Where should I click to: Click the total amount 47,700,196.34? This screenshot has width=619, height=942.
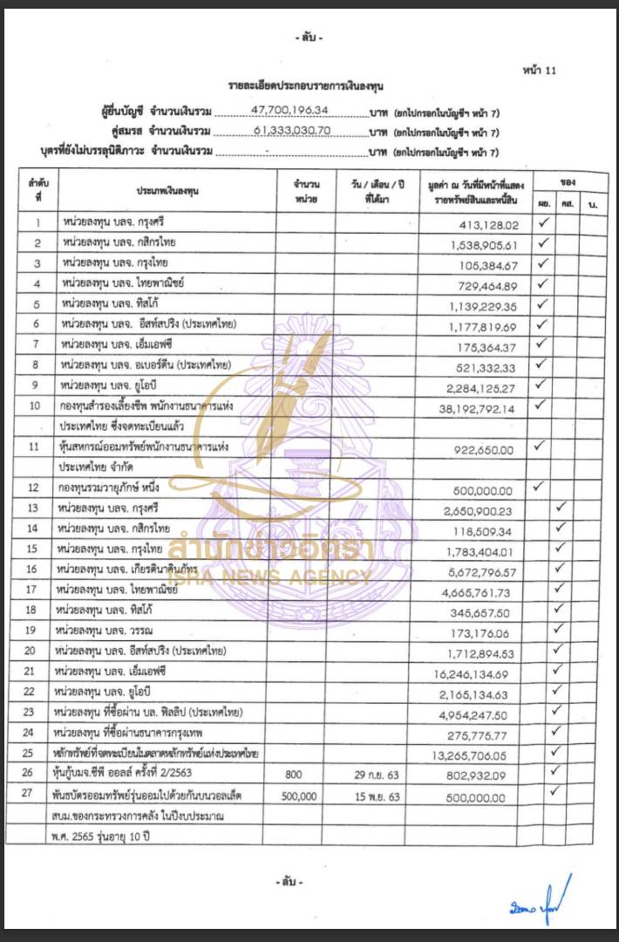click(x=289, y=112)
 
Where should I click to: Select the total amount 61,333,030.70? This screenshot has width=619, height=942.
click(x=289, y=132)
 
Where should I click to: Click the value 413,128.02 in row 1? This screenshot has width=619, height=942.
click(x=493, y=223)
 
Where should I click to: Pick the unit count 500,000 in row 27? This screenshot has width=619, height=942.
click(x=304, y=796)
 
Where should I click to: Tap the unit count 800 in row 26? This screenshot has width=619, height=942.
click(x=304, y=773)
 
